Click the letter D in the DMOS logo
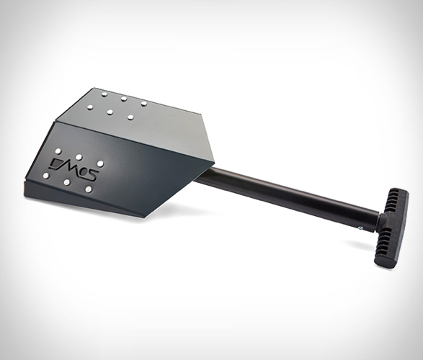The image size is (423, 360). click(58, 162)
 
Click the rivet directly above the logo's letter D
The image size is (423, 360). click(58, 150)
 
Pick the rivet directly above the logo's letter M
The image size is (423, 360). click(79, 156)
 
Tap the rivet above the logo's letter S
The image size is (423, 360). click(100, 163)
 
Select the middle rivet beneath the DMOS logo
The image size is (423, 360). click(66, 183)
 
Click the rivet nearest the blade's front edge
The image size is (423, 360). click(46, 176)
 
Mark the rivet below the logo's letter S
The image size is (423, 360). click(88, 189)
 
